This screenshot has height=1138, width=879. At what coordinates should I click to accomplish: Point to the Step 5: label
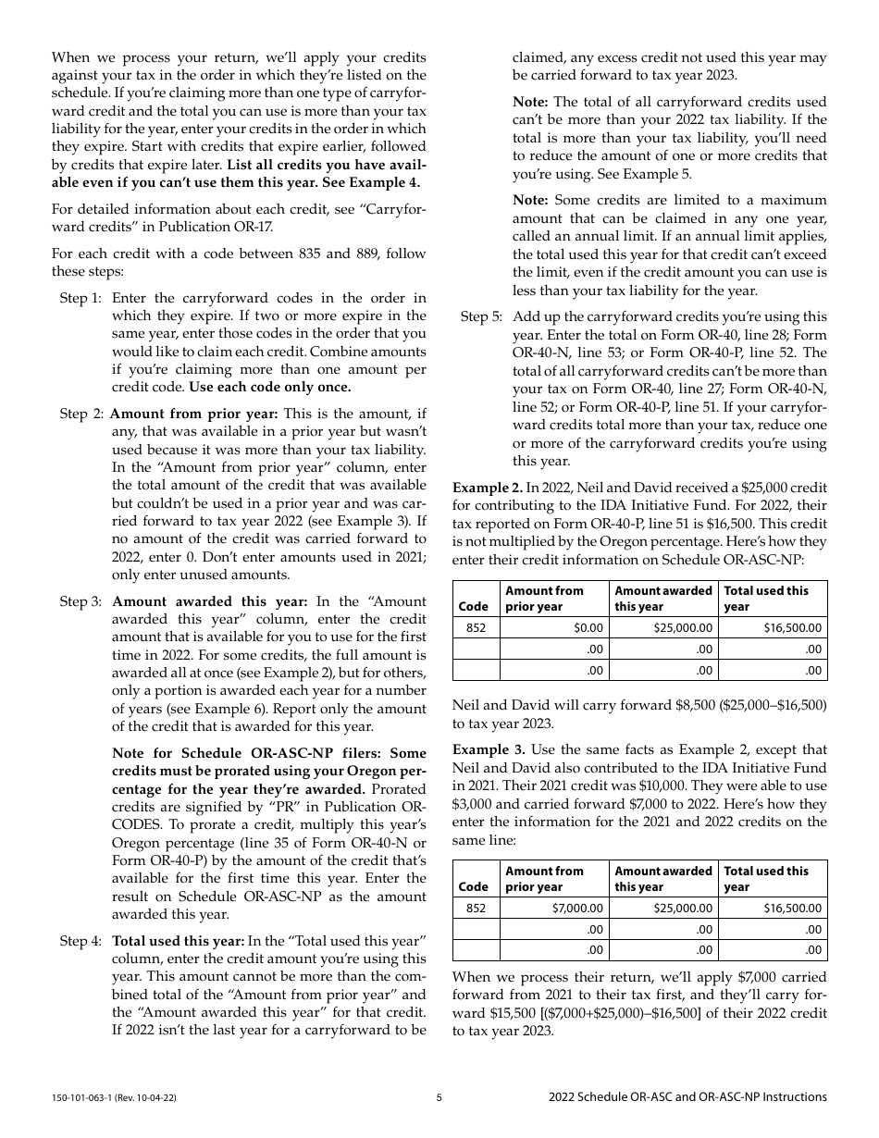(481, 316)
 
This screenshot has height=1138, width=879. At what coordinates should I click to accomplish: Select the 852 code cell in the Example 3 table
(476, 909)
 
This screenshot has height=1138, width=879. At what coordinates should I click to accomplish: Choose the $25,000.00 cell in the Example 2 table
(681, 628)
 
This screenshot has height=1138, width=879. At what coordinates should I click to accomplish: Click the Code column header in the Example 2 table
(474, 607)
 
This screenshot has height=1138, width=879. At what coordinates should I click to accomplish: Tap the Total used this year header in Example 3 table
(766, 878)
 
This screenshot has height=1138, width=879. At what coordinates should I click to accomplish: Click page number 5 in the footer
(439, 1097)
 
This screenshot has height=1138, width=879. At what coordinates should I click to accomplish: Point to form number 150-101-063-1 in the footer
(113, 1097)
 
